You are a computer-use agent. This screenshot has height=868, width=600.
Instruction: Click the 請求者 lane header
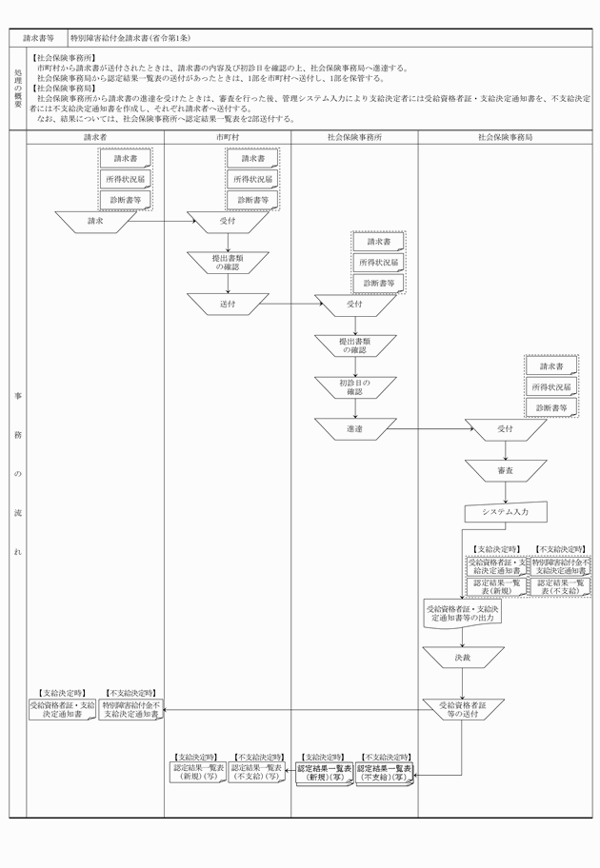click(x=94, y=137)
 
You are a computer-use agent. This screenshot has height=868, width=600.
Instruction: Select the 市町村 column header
click(x=228, y=137)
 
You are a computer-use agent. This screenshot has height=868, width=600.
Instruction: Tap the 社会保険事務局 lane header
click(x=505, y=137)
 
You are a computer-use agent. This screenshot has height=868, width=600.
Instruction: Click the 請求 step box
click(x=94, y=221)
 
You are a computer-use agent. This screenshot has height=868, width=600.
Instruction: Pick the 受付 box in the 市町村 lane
click(x=228, y=221)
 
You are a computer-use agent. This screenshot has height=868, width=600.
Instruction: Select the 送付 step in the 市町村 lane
click(x=228, y=304)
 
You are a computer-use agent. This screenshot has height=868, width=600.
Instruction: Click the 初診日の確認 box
click(x=354, y=386)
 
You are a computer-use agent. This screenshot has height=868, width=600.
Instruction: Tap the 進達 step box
click(x=354, y=430)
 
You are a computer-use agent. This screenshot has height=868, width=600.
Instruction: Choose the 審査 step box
click(x=505, y=471)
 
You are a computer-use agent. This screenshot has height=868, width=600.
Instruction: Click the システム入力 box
click(x=505, y=512)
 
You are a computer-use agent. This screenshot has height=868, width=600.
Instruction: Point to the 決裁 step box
click(x=463, y=658)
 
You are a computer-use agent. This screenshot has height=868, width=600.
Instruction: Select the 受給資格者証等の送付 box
click(x=463, y=709)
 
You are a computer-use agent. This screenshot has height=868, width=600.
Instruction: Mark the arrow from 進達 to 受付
click(x=429, y=430)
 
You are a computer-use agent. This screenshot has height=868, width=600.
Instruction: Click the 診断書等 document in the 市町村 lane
click(x=252, y=200)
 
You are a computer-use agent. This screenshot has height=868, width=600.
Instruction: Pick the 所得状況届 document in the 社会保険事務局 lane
click(x=551, y=387)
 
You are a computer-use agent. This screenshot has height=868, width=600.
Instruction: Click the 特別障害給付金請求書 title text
click(x=130, y=39)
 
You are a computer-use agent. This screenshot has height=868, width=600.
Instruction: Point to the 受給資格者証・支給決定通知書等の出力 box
click(x=463, y=613)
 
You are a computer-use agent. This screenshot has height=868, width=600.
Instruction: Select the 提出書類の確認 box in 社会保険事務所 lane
click(x=354, y=345)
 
